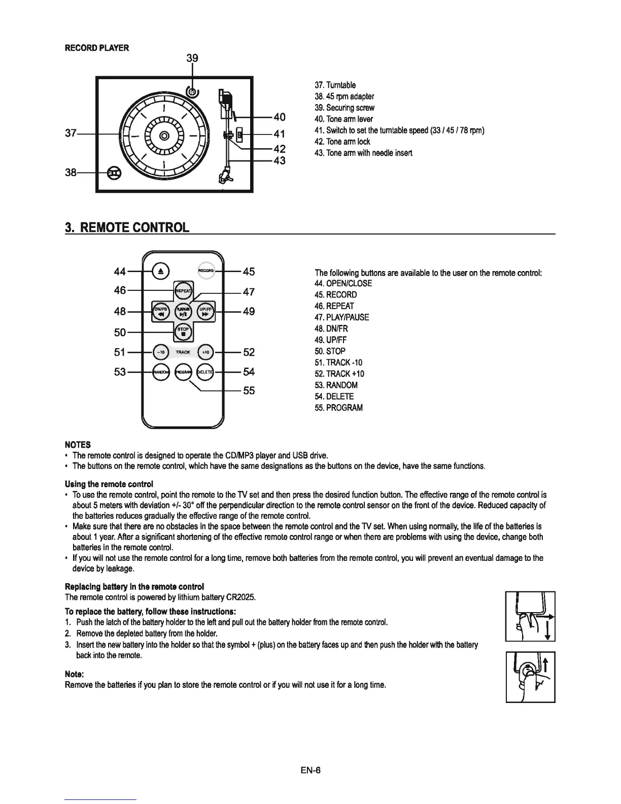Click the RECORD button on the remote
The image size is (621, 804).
point(206,271)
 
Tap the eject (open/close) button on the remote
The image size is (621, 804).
point(160,272)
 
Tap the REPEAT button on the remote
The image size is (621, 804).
point(183,291)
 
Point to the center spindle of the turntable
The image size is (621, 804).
point(163,136)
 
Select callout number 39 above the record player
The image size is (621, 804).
point(192,58)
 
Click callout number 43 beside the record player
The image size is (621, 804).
point(280,161)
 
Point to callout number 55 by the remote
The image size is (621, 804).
point(249,391)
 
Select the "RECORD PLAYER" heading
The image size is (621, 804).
point(97,48)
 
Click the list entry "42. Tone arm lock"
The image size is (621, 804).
point(342,142)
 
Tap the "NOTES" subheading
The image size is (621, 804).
point(78,445)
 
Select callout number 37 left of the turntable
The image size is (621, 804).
point(71,133)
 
